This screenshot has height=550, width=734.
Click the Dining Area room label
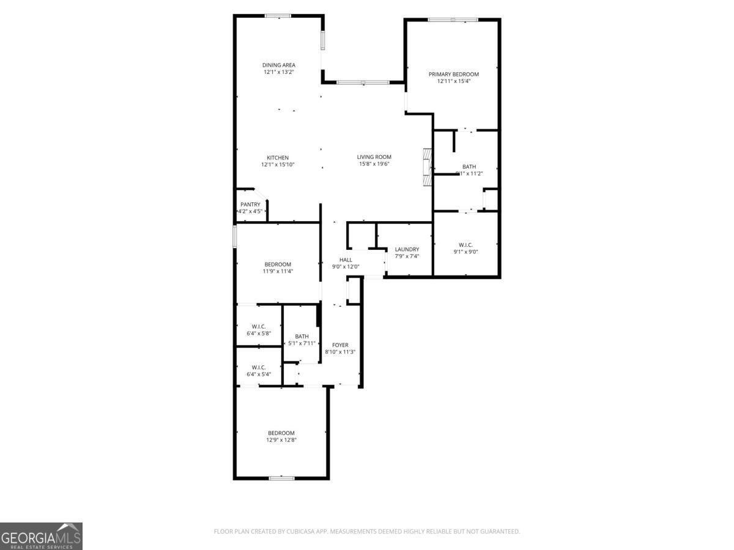(x=279, y=65)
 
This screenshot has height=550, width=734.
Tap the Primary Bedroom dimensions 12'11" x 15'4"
(x=453, y=81)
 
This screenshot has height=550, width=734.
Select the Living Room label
(x=374, y=157)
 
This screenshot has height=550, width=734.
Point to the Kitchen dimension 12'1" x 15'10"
(x=277, y=164)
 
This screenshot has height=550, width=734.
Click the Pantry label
(x=250, y=205)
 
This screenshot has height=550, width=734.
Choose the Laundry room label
(x=407, y=249)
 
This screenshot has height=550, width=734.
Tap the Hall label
(x=346, y=260)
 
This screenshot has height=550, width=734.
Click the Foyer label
(x=340, y=345)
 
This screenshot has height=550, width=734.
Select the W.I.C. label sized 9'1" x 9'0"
(x=465, y=244)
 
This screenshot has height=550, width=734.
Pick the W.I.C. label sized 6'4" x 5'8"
(x=259, y=326)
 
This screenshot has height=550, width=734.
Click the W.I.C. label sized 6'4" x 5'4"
(x=259, y=367)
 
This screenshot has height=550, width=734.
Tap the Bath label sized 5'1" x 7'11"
(x=302, y=336)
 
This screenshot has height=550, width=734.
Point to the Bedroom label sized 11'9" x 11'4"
(x=278, y=264)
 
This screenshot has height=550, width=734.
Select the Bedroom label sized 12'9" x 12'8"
(x=281, y=433)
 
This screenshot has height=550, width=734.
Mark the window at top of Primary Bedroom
(x=453, y=20)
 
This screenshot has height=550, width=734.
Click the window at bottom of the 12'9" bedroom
(x=281, y=478)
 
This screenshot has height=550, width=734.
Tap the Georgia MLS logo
(x=41, y=536)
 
